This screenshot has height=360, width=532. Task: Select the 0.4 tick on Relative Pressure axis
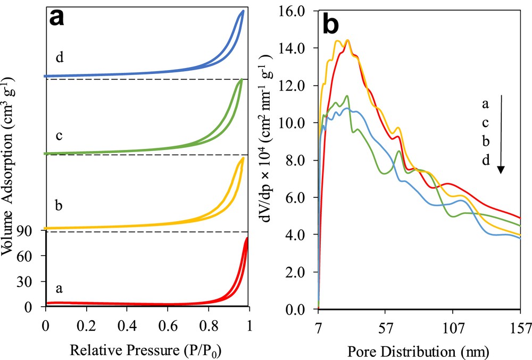(127, 324)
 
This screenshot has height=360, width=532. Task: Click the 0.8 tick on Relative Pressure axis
(208, 324)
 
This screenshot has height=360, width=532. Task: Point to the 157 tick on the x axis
(519, 324)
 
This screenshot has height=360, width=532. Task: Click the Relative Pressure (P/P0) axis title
(147, 351)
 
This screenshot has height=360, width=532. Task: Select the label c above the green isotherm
(60, 135)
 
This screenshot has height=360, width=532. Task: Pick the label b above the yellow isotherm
(60, 205)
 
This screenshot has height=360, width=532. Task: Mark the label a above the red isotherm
(60, 288)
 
